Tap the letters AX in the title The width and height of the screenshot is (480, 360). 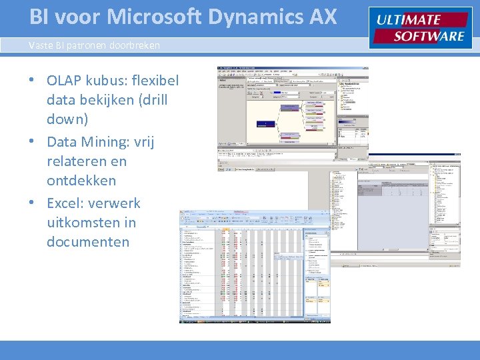click(321, 17)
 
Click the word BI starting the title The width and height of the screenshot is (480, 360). click(39, 17)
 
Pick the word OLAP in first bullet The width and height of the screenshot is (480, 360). click(65, 81)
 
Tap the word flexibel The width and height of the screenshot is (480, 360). click(157, 81)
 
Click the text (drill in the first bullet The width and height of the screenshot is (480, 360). click(149, 100)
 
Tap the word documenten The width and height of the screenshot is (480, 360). click(88, 241)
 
